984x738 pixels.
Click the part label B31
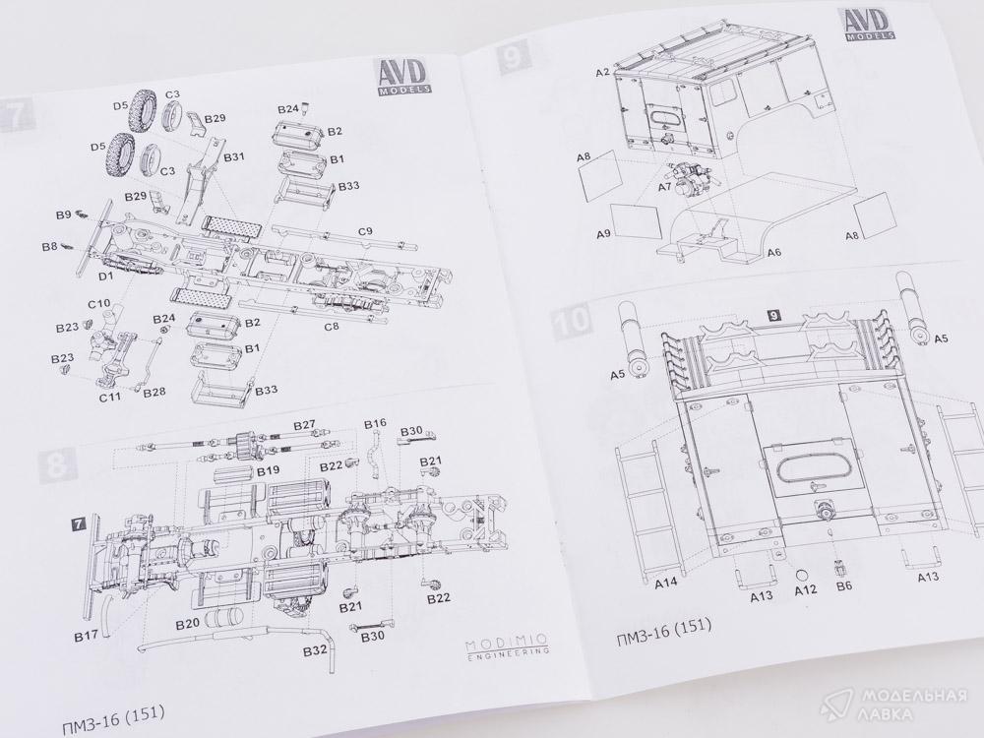tap(234, 157)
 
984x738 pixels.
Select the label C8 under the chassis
tap(331, 326)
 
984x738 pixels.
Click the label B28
tap(154, 394)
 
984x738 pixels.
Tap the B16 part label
tap(375, 423)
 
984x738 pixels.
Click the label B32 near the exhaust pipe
tap(315, 651)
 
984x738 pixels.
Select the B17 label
tap(86, 636)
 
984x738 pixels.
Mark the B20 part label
tap(188, 624)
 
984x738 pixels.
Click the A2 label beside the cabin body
tap(603, 73)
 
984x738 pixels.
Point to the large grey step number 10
tap(572, 321)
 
